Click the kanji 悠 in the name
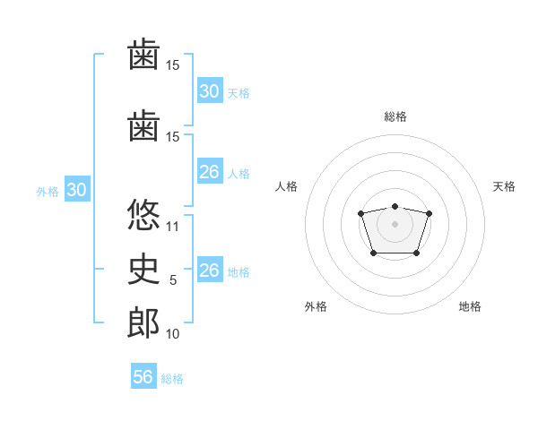tap(143, 214)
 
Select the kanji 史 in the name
tap(143, 269)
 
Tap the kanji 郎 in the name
tap(143, 322)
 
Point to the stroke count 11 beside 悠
tap(172, 227)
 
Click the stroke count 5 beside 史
tap(173, 280)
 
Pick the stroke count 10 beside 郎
tap(172, 334)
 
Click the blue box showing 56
tap(143, 375)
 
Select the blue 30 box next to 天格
tap(210, 90)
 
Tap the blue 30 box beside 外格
tap(77, 189)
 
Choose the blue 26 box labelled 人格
tap(210, 171)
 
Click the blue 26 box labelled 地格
tap(210, 269)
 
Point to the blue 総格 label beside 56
tap(172, 379)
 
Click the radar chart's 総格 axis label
tap(395, 116)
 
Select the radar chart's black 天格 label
tap(504, 186)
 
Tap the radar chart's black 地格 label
tap(470, 306)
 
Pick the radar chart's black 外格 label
tap(316, 306)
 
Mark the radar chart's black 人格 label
tap(286, 186)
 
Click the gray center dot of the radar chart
tap(395, 224)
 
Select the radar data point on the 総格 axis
tap(395, 206)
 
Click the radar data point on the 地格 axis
tap(416, 253)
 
